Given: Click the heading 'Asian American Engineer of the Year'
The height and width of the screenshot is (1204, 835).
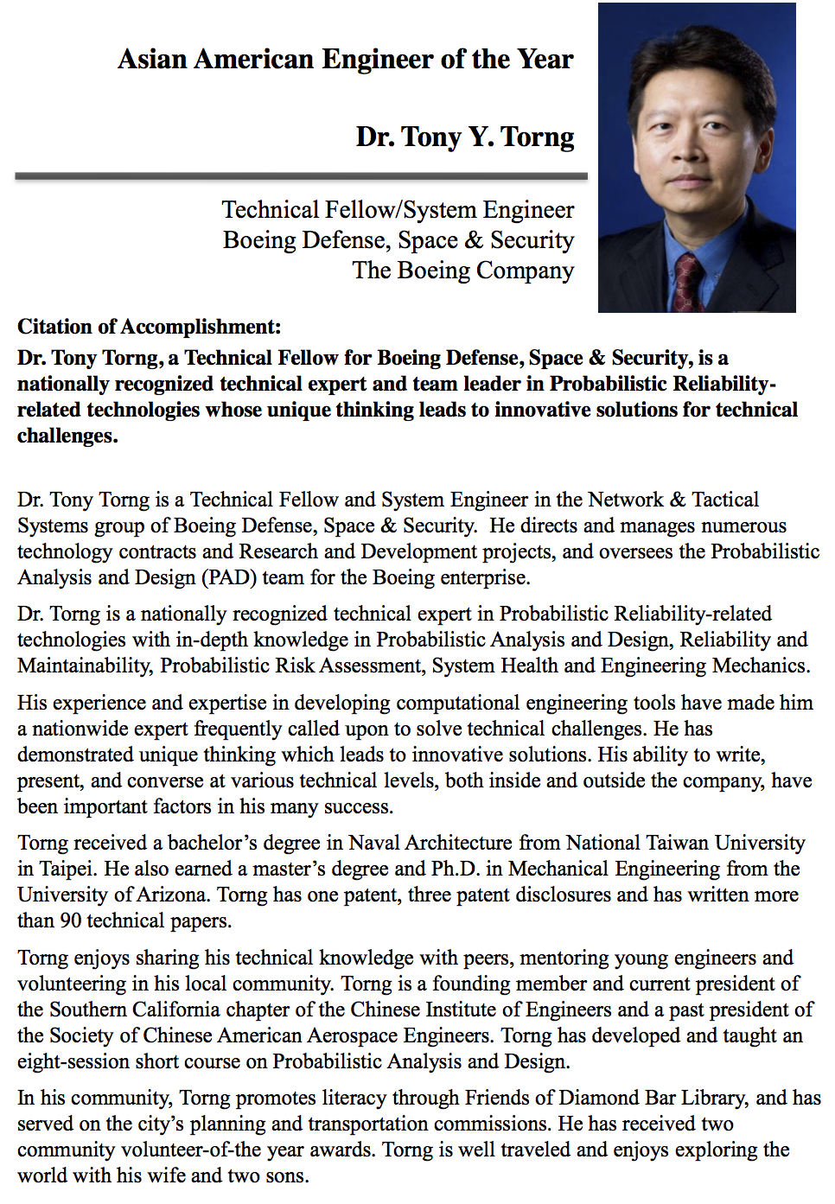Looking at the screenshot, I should [345, 59].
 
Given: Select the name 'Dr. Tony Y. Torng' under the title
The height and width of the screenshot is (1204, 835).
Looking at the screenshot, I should [464, 137].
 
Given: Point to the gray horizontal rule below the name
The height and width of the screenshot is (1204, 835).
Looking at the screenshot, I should [301, 176].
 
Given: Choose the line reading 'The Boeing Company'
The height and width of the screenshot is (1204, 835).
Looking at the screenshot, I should [462, 271].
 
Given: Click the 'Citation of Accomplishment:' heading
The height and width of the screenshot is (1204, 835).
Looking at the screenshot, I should [149, 327].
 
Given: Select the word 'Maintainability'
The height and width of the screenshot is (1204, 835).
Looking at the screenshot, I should [83, 666].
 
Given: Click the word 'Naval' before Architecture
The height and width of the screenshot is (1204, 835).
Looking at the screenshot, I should [373, 843].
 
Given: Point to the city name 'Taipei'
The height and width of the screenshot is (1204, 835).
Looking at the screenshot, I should [62, 869].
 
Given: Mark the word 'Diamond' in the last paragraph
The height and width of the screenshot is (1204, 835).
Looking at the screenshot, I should [599, 1098].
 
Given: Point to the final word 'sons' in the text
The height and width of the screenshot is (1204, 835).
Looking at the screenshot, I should [287, 1175].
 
